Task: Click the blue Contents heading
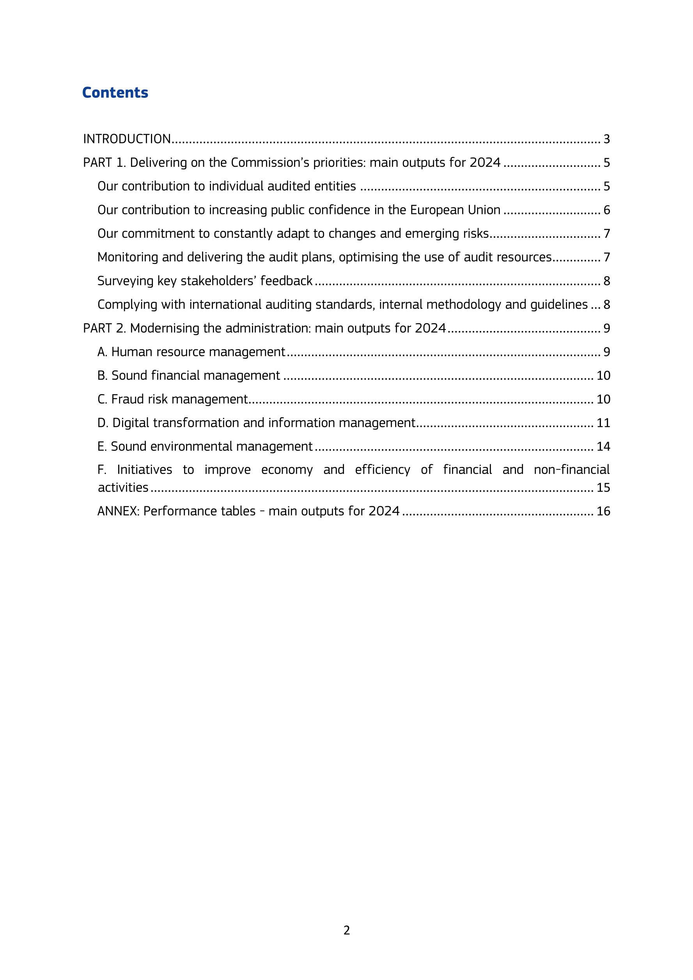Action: (x=115, y=93)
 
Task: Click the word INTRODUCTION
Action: (x=127, y=139)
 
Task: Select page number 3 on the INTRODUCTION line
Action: (x=607, y=139)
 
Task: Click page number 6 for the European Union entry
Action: (x=607, y=210)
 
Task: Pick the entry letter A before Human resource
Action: (x=102, y=352)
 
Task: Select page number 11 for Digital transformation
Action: (x=603, y=423)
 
